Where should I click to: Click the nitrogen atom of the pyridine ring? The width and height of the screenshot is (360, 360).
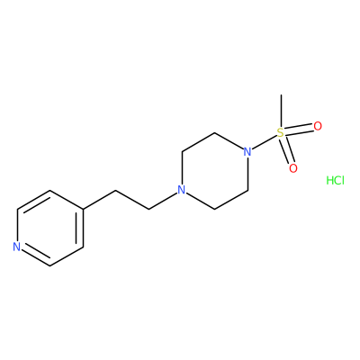pyautogui.click(x=17, y=247)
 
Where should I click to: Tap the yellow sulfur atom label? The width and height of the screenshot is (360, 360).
pyautogui.click(x=281, y=132)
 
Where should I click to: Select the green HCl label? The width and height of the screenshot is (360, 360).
pyautogui.click(x=335, y=180)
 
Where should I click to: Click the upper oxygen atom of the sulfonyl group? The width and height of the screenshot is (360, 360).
pyautogui.click(x=318, y=126)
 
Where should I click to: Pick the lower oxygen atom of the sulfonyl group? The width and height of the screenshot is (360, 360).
pyautogui.click(x=293, y=168)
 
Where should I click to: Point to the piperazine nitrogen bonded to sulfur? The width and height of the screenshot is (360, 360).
pyautogui.click(x=247, y=151)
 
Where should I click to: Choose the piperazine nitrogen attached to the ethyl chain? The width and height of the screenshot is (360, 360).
pyautogui.click(x=181, y=190)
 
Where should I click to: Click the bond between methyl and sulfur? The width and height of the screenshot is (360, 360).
pyautogui.click(x=281, y=111)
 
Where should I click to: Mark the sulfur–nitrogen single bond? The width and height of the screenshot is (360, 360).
pyautogui.click(x=264, y=142)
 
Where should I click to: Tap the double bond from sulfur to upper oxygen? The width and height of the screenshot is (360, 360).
pyautogui.click(x=299, y=130)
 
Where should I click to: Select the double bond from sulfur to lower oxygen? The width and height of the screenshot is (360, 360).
pyautogui.click(x=287, y=150)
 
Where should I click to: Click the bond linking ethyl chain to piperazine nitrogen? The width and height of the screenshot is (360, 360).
pyautogui.click(x=163, y=200)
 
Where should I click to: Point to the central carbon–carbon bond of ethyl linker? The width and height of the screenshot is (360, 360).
pyautogui.click(x=132, y=200)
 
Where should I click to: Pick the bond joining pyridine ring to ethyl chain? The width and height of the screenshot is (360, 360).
pyautogui.click(x=99, y=200)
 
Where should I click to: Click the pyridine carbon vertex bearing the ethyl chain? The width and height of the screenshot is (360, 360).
pyautogui.click(x=83, y=209)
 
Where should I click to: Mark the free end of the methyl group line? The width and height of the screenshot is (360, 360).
pyautogui.click(x=281, y=95)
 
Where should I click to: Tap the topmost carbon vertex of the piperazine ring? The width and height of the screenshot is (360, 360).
pyautogui.click(x=214, y=132)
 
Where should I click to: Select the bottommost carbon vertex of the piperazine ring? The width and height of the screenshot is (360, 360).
pyautogui.click(x=214, y=209)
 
